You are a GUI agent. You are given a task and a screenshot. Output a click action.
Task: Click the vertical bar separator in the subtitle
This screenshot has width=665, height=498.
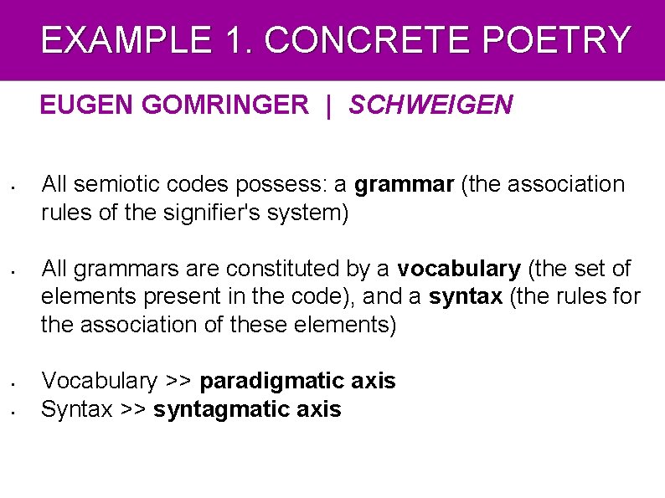(x=329, y=105)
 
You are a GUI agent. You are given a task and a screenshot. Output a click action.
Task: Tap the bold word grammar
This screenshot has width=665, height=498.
(x=405, y=184)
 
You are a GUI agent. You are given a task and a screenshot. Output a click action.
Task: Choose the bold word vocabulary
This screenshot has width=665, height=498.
(x=459, y=269)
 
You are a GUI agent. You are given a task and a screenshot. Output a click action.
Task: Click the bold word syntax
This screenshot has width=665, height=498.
(x=465, y=296)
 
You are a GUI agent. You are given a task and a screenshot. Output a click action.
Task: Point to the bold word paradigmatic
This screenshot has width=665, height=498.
(x=272, y=382)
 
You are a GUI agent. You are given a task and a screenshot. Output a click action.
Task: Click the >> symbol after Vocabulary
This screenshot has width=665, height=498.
(x=178, y=382)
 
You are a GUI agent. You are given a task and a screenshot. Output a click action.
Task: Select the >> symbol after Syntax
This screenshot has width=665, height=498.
(x=132, y=409)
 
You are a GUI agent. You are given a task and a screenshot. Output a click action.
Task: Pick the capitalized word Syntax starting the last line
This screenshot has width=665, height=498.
(x=76, y=409)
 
